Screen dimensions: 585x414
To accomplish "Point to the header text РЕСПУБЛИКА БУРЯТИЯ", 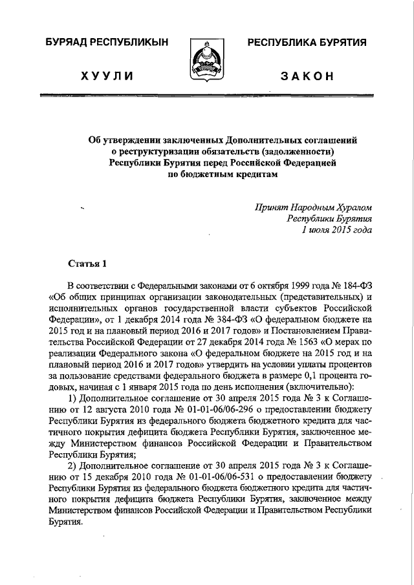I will pos(306,43).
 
